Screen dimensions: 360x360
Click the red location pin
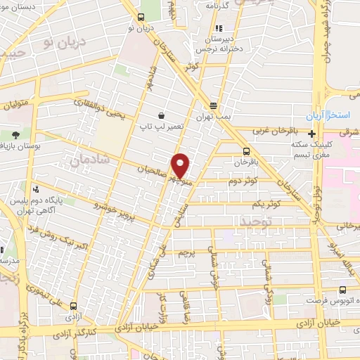pos(181,165)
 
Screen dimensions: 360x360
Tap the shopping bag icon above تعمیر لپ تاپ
pos(162,115)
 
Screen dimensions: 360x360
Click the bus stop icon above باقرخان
pos(246,151)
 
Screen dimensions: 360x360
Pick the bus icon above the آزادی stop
pos(142,17)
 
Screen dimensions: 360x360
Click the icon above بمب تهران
pos(213,104)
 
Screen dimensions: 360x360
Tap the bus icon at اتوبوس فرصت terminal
pos(342,290)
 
